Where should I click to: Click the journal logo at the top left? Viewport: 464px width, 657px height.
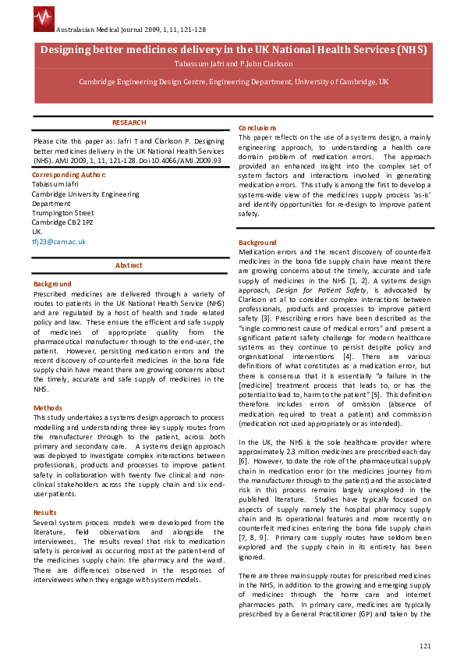tap(44, 16)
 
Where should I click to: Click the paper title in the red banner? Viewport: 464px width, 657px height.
tap(233, 49)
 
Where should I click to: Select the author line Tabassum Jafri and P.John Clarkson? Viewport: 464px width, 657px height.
tap(233, 63)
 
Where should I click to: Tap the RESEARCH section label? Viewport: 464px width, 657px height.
tap(129, 123)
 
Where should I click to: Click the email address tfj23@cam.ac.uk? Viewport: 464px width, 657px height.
tap(58, 242)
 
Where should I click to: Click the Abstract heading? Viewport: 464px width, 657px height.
tap(129, 265)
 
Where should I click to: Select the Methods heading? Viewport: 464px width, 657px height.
tap(47, 408)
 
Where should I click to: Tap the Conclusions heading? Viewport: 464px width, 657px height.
tap(257, 128)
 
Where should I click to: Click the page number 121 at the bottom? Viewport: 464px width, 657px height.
tap(425, 645)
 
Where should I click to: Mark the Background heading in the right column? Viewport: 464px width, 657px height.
tap(257, 243)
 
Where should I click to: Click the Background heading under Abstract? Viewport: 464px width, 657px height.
tap(52, 284)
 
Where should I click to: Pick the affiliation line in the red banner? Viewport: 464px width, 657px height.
tap(233, 81)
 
